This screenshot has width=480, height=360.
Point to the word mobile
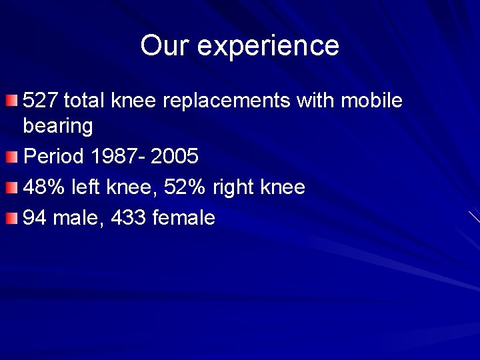pyautogui.click(x=372, y=101)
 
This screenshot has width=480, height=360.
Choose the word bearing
pyautogui.click(x=58, y=126)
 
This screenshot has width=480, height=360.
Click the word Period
pyautogui.click(x=54, y=157)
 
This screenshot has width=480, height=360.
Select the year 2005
pyautogui.click(x=175, y=157)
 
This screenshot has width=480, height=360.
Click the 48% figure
pyautogui.click(x=43, y=187)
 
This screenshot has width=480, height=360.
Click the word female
pyautogui.click(x=184, y=218)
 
